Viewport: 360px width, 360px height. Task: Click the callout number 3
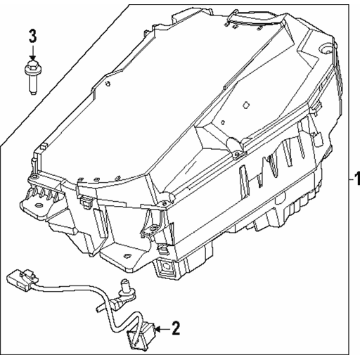pos(32,36)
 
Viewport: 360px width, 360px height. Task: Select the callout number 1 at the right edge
pos(357,179)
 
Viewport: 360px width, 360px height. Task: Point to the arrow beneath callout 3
pos(33,53)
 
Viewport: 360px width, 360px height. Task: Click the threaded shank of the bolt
pos(33,84)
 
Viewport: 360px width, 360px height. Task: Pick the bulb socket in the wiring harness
pos(125,290)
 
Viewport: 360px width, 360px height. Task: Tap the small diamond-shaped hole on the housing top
pos(245,105)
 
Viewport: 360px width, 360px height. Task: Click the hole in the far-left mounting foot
pos(38,205)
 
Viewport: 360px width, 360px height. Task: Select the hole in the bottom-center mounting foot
pos(127,256)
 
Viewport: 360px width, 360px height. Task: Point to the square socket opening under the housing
pos(166,266)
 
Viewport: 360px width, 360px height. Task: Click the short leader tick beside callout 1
pos(351,179)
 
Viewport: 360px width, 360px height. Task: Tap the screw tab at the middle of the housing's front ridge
pos(238,153)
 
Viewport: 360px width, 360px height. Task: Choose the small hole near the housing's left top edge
pos(108,83)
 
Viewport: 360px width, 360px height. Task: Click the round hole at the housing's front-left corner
pos(34,177)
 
